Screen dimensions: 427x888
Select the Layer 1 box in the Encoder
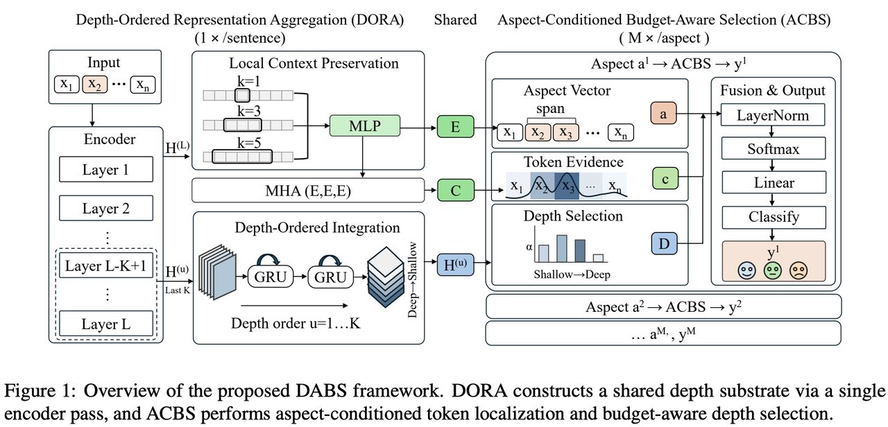[x=105, y=169]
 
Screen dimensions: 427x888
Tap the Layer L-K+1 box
[x=105, y=266]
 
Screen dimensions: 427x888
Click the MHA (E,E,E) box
[x=307, y=190]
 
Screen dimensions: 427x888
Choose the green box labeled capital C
[x=455, y=190]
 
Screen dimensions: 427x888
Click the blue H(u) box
[x=455, y=264]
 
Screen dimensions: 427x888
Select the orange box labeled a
[x=663, y=115]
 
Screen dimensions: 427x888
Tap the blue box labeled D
[x=663, y=243]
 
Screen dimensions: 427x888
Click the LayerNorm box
[x=774, y=115]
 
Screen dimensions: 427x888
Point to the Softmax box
[x=774, y=149]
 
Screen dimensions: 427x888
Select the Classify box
[x=774, y=217]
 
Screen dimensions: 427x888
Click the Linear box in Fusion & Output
[x=774, y=183]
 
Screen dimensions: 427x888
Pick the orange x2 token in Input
[x=96, y=85]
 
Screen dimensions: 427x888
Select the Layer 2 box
[x=105, y=208]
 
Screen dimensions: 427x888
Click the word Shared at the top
[x=455, y=20]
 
